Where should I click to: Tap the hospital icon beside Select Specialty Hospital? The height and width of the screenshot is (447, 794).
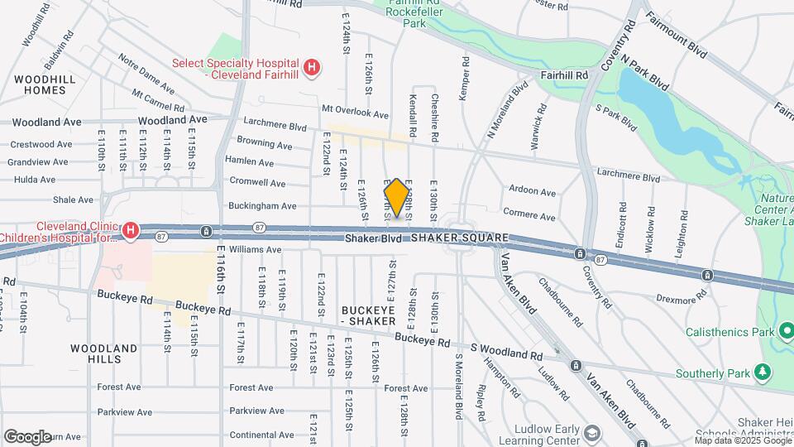tap(311, 67)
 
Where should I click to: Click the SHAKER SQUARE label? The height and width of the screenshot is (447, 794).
tap(459, 238)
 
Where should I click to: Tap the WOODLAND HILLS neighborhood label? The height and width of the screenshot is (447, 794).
tap(104, 353)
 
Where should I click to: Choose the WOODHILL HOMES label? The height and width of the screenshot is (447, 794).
tap(39, 84)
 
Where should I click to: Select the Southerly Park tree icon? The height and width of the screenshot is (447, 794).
tap(762, 373)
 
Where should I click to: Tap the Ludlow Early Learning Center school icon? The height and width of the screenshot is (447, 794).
tap(592, 434)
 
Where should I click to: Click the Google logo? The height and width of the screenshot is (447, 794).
tap(27, 436)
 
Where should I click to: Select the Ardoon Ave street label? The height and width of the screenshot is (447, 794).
tap(533, 192)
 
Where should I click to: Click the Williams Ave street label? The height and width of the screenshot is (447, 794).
tap(256, 249)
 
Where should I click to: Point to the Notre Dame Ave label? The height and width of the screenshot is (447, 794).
tap(146, 74)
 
